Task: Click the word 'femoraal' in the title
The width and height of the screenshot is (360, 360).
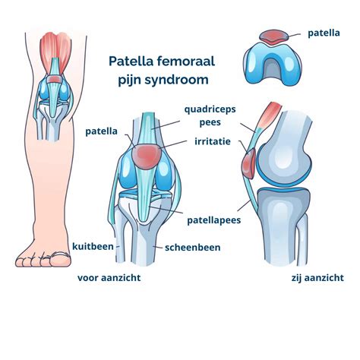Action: [186, 61]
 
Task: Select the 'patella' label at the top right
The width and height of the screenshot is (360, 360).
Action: [324, 33]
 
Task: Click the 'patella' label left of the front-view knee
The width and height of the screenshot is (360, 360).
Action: [102, 131]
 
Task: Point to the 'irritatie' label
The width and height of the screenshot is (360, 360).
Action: [213, 141]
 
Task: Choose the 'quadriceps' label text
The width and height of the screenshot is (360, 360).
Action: [210, 110]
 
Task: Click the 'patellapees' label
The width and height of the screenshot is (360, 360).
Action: [214, 220]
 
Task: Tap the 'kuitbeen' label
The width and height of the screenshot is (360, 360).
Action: [93, 246]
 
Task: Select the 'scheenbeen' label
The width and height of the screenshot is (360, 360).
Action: [193, 248]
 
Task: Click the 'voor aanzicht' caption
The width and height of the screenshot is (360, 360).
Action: [109, 278]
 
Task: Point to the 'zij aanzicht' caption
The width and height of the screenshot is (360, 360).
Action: [317, 278]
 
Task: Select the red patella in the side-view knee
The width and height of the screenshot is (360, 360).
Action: [248, 163]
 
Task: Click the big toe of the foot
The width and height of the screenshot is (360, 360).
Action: [60, 260]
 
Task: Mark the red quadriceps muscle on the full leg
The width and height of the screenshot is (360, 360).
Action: [55, 51]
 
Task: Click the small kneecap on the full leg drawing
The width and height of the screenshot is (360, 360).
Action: [54, 80]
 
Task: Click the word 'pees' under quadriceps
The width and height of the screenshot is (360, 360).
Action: [210, 123]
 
